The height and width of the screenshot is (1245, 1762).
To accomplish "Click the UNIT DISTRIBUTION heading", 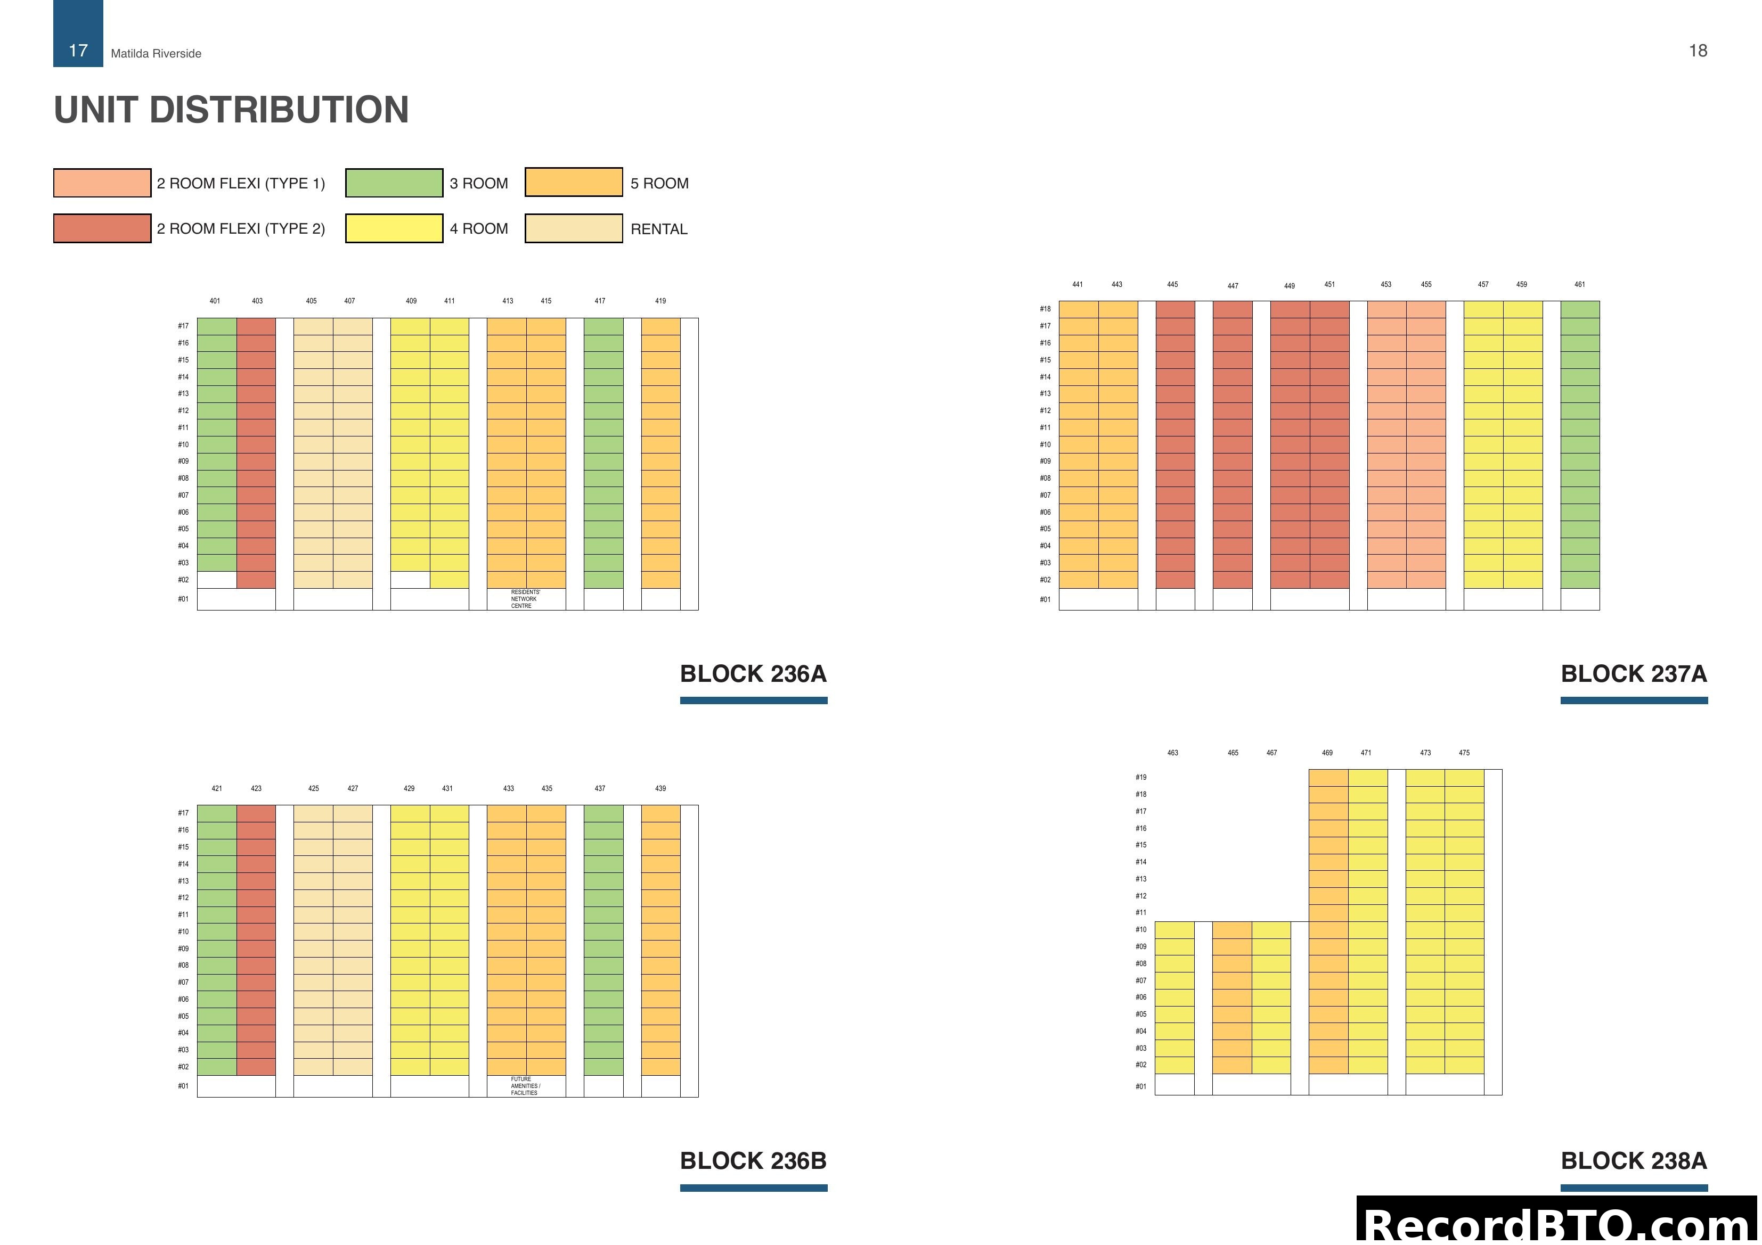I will tap(231, 110).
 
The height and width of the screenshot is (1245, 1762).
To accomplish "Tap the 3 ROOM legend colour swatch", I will tap(394, 183).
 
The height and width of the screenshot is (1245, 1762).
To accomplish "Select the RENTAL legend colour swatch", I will tap(573, 228).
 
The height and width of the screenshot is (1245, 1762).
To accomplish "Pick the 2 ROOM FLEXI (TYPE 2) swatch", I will tap(102, 228).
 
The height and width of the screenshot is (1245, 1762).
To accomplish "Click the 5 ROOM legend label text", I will tap(659, 183).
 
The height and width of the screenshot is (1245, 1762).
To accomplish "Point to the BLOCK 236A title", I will tap(753, 673).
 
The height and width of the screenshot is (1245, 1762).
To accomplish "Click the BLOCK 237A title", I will tap(1633, 673).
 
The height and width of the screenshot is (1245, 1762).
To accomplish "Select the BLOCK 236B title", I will tap(753, 1160).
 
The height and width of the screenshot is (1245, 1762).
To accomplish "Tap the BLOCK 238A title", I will tap(1633, 1160).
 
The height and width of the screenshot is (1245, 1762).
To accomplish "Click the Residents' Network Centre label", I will tap(526, 599).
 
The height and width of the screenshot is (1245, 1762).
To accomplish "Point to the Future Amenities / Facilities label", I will tap(526, 1086).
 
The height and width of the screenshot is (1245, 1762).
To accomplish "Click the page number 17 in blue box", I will tap(78, 51).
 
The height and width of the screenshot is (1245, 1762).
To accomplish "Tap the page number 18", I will tap(1698, 51).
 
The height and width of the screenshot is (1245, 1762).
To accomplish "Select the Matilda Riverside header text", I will tap(156, 54).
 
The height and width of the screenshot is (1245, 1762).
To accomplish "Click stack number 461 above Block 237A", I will tap(1579, 285).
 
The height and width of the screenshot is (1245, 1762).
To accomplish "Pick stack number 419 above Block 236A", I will tap(660, 301).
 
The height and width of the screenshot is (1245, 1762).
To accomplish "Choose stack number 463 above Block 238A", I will tap(1172, 753).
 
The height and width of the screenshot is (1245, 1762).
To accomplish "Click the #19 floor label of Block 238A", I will tap(1141, 778).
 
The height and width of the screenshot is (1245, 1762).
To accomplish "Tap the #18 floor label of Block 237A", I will tap(1045, 309).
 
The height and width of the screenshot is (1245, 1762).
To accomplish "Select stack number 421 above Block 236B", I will tap(217, 789).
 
